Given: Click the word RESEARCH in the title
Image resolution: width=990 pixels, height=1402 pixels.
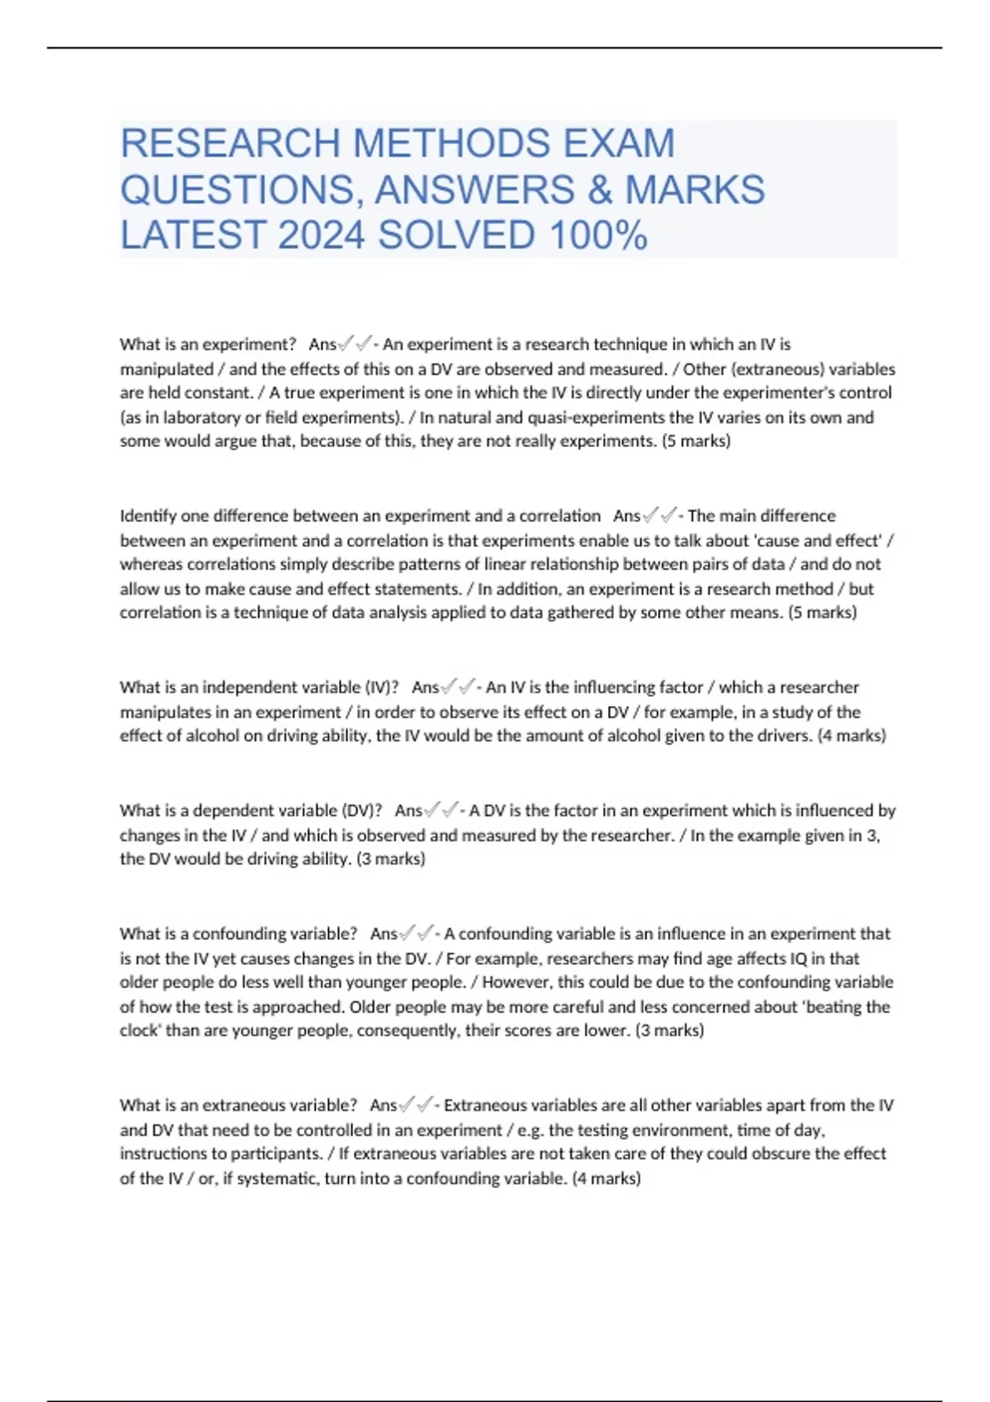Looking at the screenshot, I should [229, 143].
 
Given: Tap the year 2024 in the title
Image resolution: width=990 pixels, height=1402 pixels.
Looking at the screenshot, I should [321, 236].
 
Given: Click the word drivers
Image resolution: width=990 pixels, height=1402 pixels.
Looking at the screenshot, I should [786, 736].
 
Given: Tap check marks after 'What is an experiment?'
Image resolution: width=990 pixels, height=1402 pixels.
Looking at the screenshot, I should [355, 344].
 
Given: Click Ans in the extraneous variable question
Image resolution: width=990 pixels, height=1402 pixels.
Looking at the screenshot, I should [383, 1105].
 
